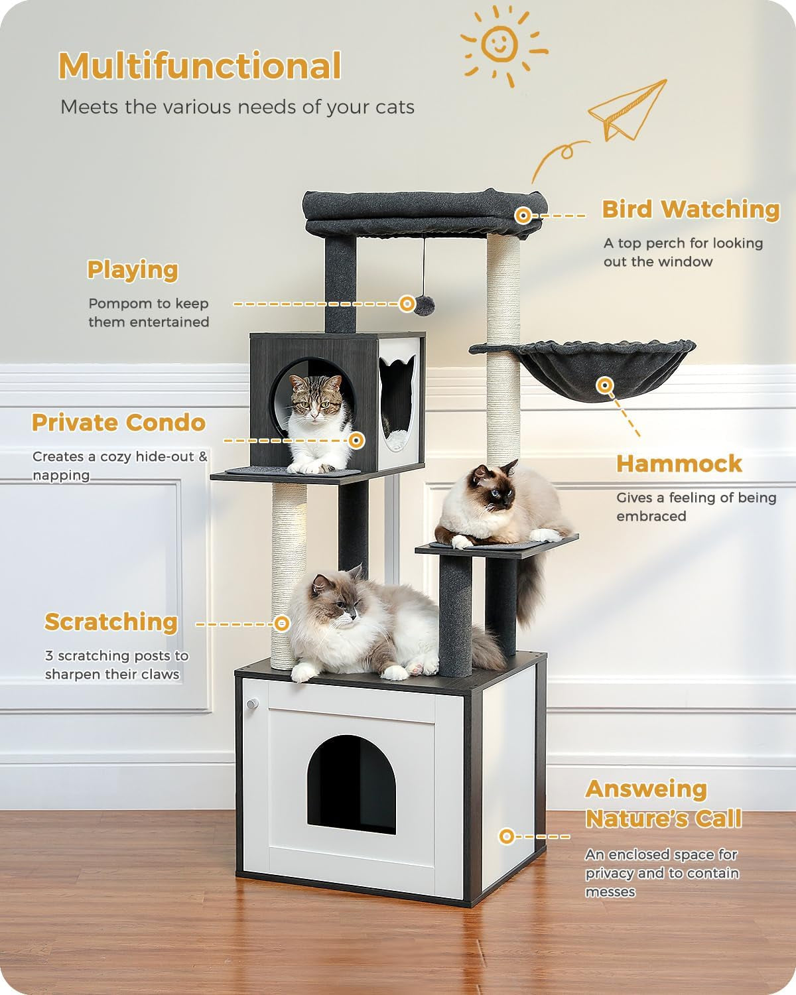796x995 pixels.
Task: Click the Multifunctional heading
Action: [x=200, y=66]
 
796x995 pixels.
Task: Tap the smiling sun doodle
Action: [x=500, y=43]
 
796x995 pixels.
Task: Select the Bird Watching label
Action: [x=691, y=209]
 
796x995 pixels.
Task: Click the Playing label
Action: [x=133, y=270]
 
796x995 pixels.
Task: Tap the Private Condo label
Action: [x=119, y=423]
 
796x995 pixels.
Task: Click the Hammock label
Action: [x=679, y=464]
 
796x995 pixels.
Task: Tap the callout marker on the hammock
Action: [x=604, y=385]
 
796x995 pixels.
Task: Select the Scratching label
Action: [x=111, y=622]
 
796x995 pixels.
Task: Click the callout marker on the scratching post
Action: [x=282, y=624]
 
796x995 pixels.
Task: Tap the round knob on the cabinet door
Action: [x=251, y=703]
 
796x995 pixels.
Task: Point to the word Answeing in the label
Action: [x=646, y=789]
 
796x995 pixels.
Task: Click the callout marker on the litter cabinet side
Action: [x=506, y=836]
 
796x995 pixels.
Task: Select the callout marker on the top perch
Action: [x=523, y=215]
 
